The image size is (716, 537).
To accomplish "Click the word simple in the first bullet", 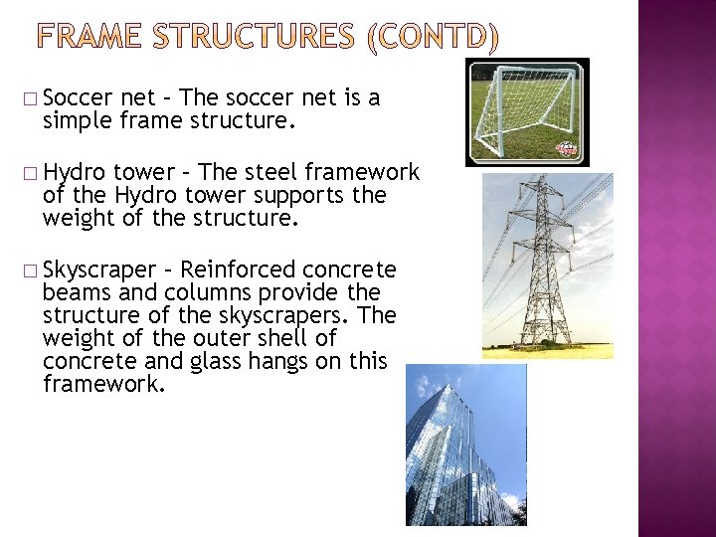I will (75, 122).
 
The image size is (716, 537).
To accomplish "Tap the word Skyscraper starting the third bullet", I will (99, 270).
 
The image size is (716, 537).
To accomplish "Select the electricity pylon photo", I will (546, 267).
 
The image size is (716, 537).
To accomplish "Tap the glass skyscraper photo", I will (465, 445).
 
